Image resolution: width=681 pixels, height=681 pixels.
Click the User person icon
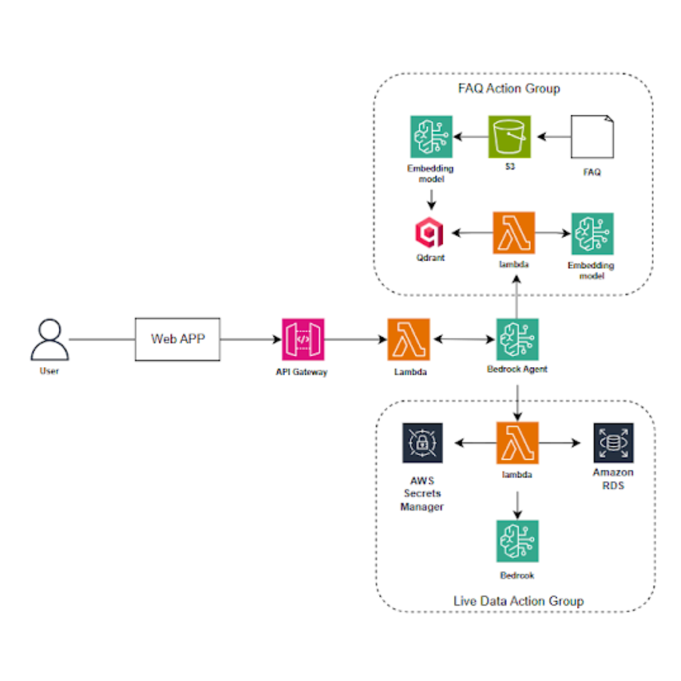(49, 339)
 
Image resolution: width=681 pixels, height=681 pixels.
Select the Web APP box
(178, 339)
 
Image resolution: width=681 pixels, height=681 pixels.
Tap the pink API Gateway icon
(303, 339)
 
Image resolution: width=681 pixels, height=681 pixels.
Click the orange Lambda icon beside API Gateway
(409, 339)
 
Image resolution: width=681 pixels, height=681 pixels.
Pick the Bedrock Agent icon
(517, 339)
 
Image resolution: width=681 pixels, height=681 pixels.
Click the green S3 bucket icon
(509, 136)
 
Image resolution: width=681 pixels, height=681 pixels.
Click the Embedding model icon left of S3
(431, 136)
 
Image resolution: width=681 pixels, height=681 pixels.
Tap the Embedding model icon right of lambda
(592, 233)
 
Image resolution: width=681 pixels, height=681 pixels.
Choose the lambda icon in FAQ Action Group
(513, 233)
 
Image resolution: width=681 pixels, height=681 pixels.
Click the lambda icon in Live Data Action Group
(517, 443)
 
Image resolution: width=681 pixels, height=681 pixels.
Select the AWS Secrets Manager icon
(422, 443)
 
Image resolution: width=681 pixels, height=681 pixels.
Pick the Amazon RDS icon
(613, 443)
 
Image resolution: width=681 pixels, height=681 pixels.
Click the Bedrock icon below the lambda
(517, 541)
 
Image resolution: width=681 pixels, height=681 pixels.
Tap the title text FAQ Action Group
(509, 88)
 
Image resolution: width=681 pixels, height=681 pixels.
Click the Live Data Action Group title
(518, 601)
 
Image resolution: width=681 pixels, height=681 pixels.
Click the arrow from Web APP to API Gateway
(251, 340)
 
